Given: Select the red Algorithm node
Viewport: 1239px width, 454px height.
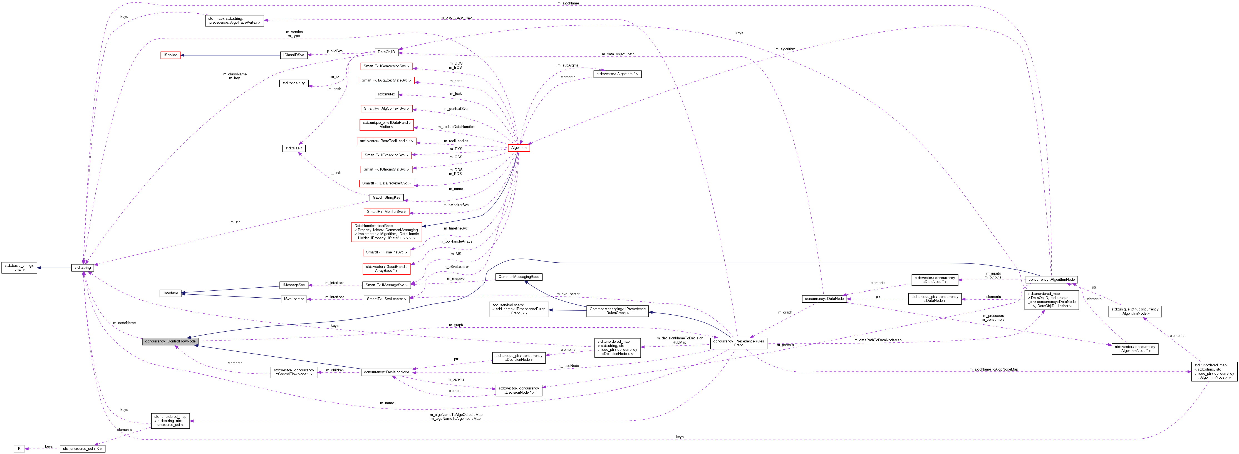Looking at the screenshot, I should [519, 148].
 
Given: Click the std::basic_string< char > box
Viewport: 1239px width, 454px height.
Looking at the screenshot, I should [19, 268].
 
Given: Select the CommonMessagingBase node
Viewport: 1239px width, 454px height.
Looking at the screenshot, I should [519, 277].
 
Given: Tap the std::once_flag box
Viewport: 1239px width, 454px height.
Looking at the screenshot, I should [293, 83].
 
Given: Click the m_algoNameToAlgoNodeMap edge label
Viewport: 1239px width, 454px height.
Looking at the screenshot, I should [993, 369].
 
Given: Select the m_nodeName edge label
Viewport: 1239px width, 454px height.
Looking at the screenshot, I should [124, 323].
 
